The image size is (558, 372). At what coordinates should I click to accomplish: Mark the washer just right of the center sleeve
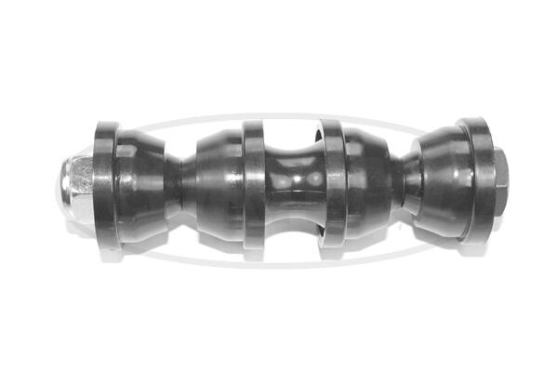click(332, 186)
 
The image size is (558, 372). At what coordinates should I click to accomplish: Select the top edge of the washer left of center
click(254, 124)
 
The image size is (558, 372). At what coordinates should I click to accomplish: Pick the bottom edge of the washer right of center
click(331, 249)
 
